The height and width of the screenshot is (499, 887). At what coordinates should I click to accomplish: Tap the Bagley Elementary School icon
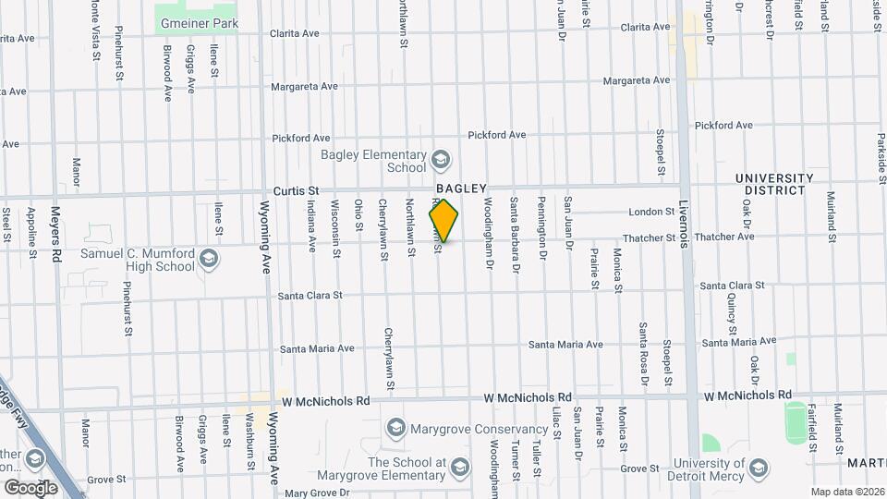[440, 160]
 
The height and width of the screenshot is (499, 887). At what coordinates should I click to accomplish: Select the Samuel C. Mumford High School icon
[210, 260]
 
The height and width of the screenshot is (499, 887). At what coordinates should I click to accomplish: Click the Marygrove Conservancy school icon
[396, 428]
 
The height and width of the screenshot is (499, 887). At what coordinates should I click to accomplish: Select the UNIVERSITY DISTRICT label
[774, 184]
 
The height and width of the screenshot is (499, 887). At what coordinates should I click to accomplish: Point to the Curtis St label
[289, 190]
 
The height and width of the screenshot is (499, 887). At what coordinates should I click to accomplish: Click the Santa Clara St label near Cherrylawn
[311, 296]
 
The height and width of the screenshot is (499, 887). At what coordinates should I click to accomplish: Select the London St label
[652, 212]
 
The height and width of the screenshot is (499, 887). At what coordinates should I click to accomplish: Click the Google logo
[30, 486]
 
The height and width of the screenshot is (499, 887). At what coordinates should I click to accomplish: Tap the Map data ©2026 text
[846, 492]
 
